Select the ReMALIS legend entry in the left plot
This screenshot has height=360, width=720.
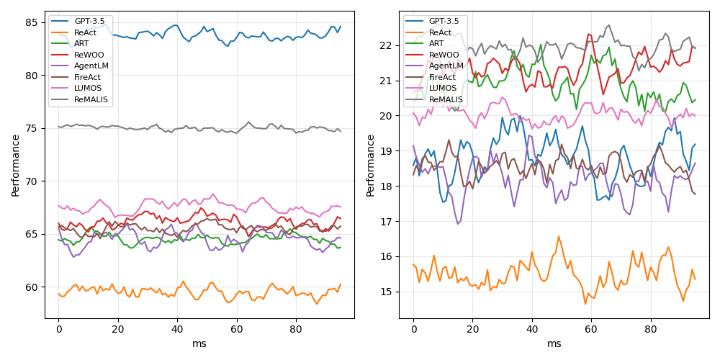coord(91,99)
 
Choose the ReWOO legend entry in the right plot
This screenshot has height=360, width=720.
coord(444,55)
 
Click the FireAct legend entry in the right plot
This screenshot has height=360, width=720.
coord(446,77)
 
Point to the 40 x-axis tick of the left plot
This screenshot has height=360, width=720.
coord(177,329)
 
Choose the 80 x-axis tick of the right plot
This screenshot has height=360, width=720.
coord(651,329)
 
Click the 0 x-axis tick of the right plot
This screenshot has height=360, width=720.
coord(413,329)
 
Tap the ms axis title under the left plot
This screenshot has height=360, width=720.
coord(199,344)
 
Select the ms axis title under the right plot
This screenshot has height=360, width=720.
coord(554,344)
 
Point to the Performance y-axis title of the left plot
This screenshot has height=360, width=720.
coord(16,165)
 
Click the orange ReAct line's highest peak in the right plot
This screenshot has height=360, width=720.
coord(558,236)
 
